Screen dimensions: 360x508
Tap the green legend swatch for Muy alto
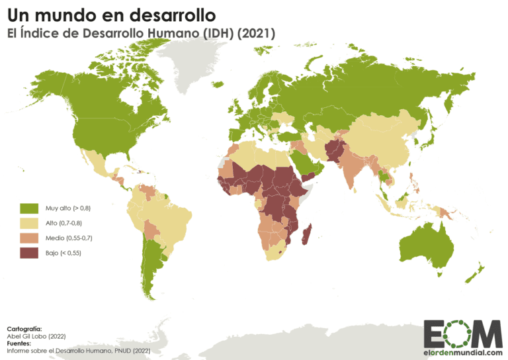click(28, 208)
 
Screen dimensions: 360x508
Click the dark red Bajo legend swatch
click(28, 253)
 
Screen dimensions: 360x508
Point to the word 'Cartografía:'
click(24, 329)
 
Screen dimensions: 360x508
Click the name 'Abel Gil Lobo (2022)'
click(34, 336)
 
